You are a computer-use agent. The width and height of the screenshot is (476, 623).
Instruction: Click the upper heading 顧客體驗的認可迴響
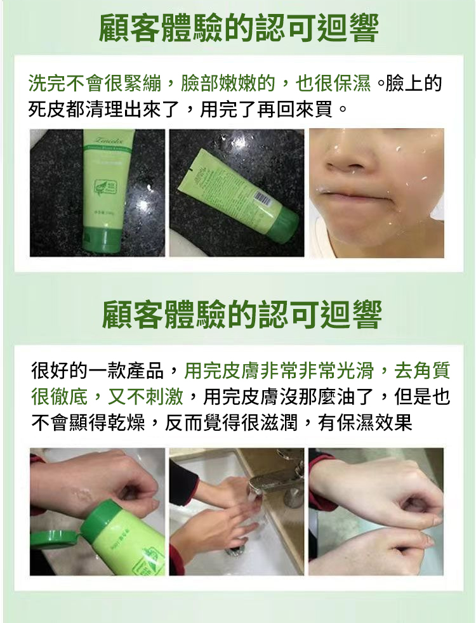(x=239, y=28)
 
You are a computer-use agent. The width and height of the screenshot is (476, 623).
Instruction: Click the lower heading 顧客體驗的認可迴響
(x=242, y=314)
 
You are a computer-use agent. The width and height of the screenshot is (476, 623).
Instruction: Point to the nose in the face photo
(x=347, y=159)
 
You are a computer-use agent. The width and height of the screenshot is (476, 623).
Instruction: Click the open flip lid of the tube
(x=55, y=541)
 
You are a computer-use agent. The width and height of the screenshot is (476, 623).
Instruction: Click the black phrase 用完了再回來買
(x=266, y=109)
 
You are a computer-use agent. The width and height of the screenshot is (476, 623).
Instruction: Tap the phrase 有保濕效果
(x=365, y=423)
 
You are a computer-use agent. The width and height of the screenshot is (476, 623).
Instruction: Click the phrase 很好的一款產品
(x=98, y=371)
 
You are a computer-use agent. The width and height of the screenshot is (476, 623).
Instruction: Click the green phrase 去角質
(x=422, y=371)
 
